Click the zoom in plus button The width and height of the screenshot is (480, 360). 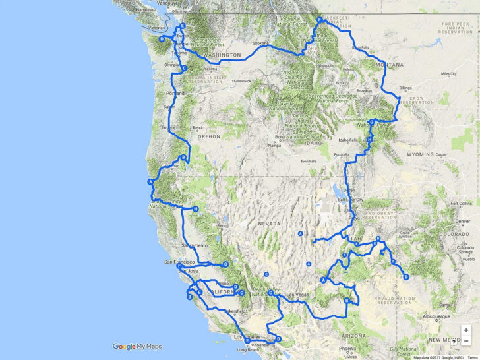466,330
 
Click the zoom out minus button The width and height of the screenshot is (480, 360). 466,342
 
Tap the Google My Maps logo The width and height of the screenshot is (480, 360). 137,347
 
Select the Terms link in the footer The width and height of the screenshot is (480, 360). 472,357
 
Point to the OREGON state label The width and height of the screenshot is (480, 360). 208,136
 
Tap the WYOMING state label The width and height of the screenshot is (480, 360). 420,154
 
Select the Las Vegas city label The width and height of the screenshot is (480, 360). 297,293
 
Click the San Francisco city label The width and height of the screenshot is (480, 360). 179,262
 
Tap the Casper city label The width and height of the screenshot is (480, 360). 441,155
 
